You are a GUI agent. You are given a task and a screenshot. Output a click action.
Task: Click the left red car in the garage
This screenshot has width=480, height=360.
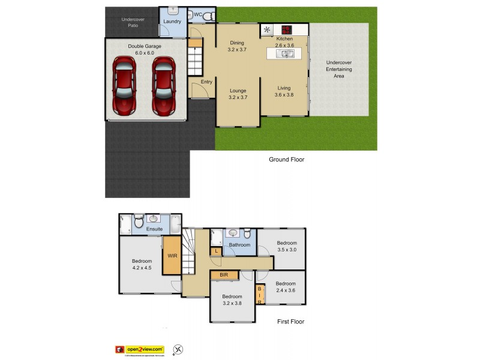[x=124, y=85]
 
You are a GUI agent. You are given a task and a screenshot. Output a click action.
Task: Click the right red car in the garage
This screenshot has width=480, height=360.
[x=163, y=85]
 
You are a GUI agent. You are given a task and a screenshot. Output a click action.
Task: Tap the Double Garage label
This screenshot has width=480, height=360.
[x=145, y=49]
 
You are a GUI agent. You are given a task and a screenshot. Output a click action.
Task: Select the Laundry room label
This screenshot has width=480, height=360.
[x=172, y=22]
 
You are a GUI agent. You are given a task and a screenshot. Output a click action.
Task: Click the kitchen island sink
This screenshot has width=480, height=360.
[x=284, y=53]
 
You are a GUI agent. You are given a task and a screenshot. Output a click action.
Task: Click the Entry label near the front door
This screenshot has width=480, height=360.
[x=206, y=82]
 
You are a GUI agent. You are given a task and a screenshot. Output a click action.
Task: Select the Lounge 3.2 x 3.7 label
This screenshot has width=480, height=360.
[x=238, y=94]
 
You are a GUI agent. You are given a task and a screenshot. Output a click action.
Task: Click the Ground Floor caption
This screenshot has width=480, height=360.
[x=287, y=160]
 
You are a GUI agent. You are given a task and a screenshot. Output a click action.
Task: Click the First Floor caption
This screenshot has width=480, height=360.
[x=290, y=322]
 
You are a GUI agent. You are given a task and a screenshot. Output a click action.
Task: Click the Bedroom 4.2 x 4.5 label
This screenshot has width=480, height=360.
[x=142, y=265]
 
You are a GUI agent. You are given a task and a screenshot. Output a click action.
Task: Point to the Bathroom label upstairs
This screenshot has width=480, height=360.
[x=239, y=245]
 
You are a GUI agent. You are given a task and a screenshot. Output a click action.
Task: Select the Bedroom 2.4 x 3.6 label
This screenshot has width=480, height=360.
[x=286, y=287]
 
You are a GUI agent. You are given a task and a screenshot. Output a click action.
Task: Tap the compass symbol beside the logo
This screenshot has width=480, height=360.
[x=178, y=349]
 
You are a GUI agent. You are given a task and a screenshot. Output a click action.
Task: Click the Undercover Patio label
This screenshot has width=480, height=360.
[x=132, y=22]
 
